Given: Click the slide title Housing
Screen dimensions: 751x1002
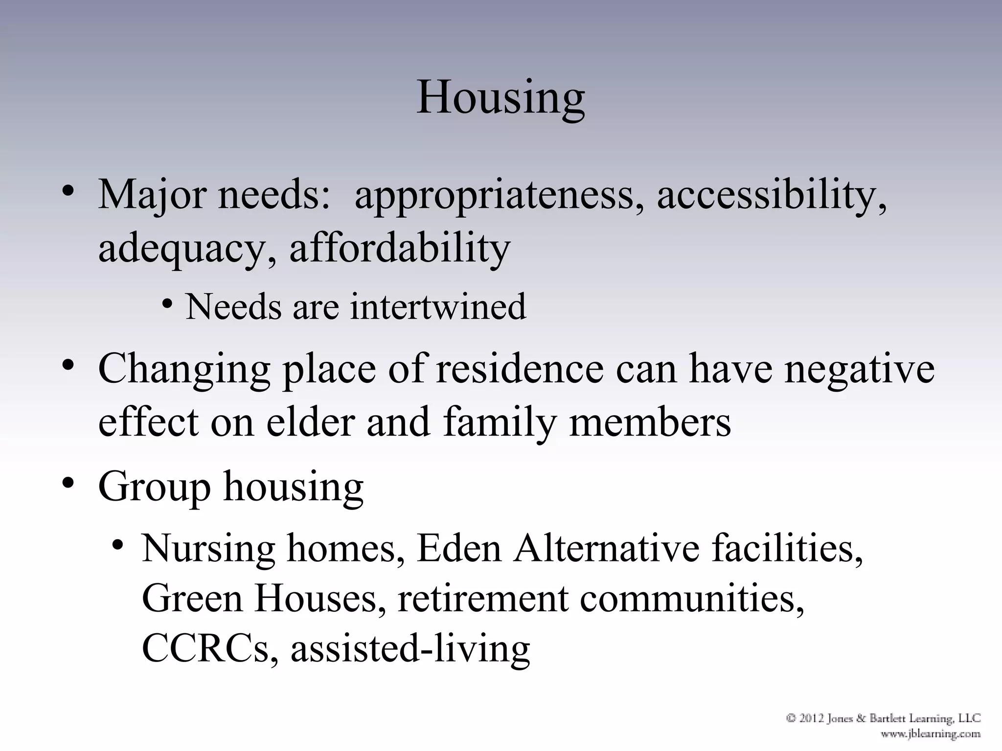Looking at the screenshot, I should click(501, 97).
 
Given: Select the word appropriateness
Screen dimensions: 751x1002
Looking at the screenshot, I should click(494, 196).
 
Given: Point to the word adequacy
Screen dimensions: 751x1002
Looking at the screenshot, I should click(183, 249).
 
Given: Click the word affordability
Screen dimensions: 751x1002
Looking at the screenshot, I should click(400, 248).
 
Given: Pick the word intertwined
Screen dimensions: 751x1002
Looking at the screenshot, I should click(438, 307).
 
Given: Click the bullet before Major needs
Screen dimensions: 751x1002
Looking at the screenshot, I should click(68, 191).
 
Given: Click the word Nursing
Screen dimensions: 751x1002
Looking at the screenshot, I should click(208, 549).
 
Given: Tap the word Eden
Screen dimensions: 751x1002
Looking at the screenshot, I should click(459, 548).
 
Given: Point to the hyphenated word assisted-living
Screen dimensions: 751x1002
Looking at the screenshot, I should click(410, 649).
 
